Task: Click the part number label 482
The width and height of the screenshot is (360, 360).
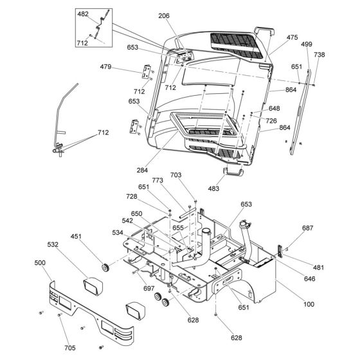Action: click(x=83, y=14)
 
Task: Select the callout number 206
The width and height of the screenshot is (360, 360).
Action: click(x=164, y=16)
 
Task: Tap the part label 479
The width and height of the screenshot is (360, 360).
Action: click(x=105, y=67)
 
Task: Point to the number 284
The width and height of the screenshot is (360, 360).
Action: click(x=142, y=170)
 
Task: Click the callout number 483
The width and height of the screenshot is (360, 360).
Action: click(x=213, y=188)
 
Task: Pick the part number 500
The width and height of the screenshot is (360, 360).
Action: click(x=40, y=263)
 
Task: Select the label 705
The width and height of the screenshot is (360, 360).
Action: click(x=70, y=348)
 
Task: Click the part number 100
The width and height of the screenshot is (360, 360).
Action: click(x=309, y=305)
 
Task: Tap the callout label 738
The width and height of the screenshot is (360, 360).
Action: click(x=319, y=55)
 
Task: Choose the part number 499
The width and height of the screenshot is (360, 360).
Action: click(x=307, y=44)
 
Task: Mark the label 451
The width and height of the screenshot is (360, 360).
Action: click(x=76, y=237)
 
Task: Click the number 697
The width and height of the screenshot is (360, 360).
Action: click(x=149, y=289)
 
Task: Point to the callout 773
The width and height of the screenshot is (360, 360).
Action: click(x=157, y=181)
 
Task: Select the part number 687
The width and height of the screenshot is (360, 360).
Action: click(x=308, y=228)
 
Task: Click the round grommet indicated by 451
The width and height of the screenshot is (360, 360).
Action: click(x=105, y=267)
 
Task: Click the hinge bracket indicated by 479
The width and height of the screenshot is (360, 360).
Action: click(x=147, y=72)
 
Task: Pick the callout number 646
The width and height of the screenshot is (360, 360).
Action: click(x=309, y=279)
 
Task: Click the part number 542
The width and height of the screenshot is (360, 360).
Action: click(x=127, y=221)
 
